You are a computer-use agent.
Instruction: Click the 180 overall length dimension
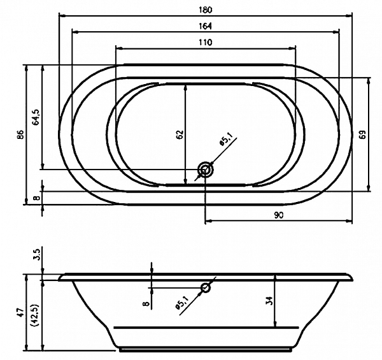click(x=206, y=10)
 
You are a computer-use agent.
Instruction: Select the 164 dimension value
click(x=206, y=26)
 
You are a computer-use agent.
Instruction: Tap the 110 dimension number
click(x=206, y=43)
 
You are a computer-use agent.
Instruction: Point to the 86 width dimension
click(x=21, y=134)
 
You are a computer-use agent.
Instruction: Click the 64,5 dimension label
click(x=36, y=117)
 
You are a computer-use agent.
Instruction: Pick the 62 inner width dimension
click(x=180, y=134)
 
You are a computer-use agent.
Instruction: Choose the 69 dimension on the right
click(x=363, y=134)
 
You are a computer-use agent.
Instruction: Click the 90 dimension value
click(x=279, y=215)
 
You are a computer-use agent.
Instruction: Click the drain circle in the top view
click(x=206, y=169)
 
